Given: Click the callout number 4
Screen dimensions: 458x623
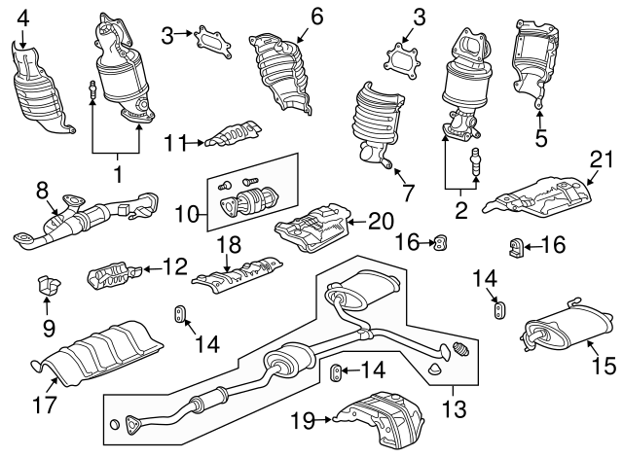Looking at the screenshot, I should coord(23,17).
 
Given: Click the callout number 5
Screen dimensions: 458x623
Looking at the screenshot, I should coord(541,138).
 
